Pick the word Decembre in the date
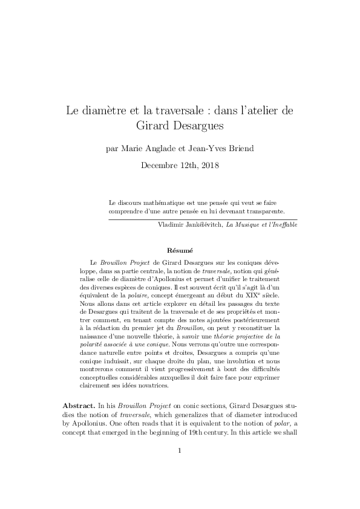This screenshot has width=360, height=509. (160, 164)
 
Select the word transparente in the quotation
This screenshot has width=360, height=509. (265, 212)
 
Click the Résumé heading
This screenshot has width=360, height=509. (180, 250)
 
